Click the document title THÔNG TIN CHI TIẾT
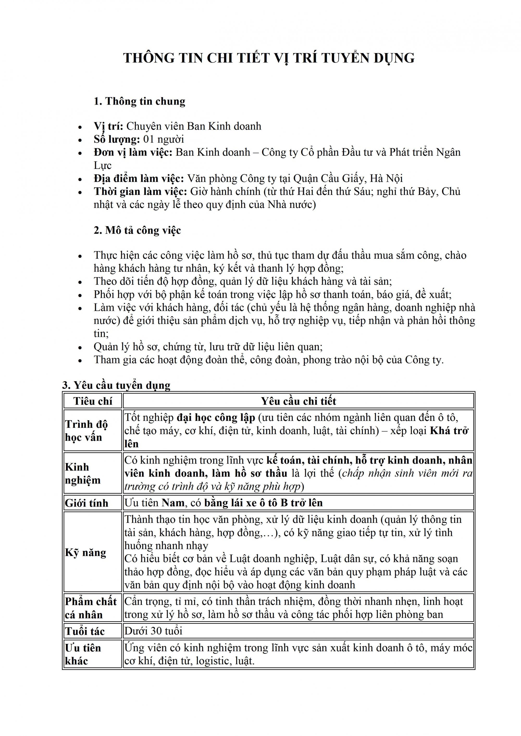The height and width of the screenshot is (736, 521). [x=269, y=58]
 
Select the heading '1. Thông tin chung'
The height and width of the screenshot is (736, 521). [x=140, y=101]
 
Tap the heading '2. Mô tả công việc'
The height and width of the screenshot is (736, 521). [x=137, y=230]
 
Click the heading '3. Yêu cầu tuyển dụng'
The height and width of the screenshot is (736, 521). [x=116, y=385]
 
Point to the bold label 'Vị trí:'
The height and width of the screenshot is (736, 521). [x=108, y=126]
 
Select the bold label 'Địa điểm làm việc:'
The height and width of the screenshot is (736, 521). [x=139, y=178]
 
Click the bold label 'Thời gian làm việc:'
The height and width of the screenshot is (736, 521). [x=140, y=191]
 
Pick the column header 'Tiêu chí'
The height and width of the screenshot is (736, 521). [x=93, y=401]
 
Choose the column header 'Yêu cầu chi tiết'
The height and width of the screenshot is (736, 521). [x=298, y=401]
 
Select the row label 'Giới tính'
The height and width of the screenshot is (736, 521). [x=87, y=503]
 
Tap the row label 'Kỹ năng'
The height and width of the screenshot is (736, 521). [x=85, y=552]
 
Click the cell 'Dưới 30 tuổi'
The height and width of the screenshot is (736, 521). [x=153, y=631]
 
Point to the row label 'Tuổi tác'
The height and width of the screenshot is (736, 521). [x=85, y=631]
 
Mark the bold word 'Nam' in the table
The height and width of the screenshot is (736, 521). [x=173, y=503]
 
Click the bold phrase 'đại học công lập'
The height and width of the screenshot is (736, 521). [x=216, y=418]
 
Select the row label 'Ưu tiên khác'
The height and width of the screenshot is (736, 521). [x=83, y=654]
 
